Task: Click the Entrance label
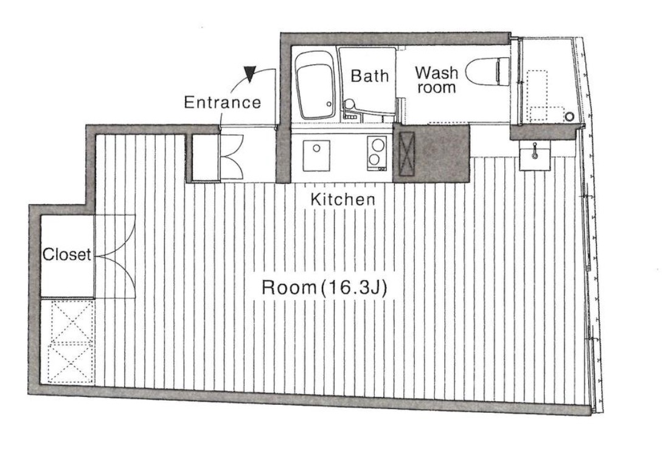coord(223,102)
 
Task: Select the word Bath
coord(370,76)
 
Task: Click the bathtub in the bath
coord(315,85)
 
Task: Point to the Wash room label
coord(437,80)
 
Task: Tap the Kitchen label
coord(343,200)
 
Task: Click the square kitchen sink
coord(316,155)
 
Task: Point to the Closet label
coord(67,255)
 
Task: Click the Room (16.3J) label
coord(324,287)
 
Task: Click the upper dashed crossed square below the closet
coord(71,320)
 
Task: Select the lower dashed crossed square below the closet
coord(71,362)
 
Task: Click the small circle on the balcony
coord(569,116)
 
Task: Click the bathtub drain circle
coord(329,104)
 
